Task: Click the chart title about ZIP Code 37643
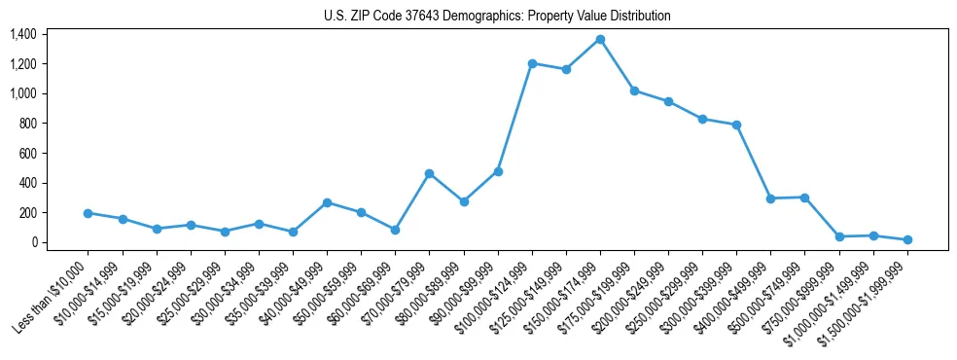tap(497, 17)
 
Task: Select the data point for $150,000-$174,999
tap(600, 40)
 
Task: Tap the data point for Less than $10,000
tap(88, 213)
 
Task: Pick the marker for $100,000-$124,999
tap(532, 63)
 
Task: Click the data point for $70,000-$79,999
tap(429, 173)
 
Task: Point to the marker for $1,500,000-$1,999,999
tap(907, 239)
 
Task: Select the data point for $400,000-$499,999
tap(770, 198)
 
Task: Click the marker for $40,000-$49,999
tap(327, 202)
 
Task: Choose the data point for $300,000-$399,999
tap(736, 125)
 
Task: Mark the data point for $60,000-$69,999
tap(395, 230)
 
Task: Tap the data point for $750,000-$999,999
tap(838, 236)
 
